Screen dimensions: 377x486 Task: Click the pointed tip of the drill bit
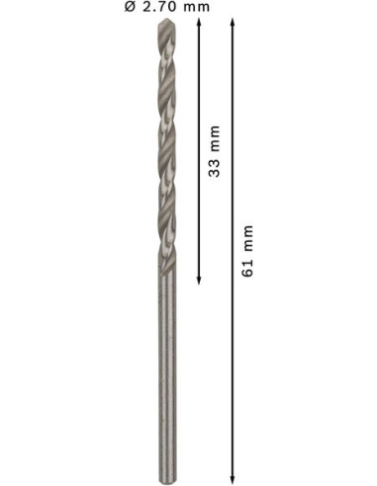[x=167, y=20]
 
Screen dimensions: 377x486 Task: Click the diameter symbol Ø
[x=131, y=7]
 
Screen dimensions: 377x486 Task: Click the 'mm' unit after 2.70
[x=197, y=8]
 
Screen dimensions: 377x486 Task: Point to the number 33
[x=214, y=168]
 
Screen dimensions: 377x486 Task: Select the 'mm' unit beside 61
[x=249, y=238]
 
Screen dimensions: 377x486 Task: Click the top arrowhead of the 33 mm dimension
[x=199, y=22]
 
